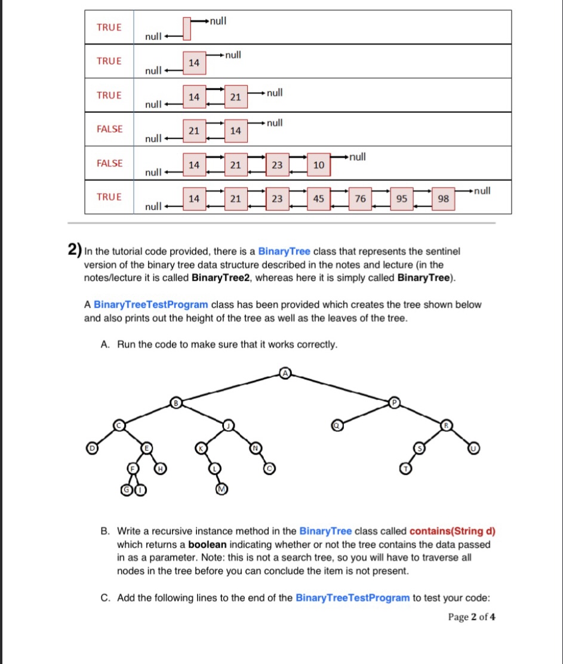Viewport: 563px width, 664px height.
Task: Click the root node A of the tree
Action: click(x=285, y=373)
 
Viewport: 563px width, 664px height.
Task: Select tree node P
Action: click(x=393, y=402)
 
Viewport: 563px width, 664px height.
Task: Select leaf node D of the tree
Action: click(x=93, y=447)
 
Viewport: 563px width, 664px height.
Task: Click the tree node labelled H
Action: click(x=160, y=469)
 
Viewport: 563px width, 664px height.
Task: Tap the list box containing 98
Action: click(x=443, y=199)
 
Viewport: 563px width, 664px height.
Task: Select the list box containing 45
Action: click(x=319, y=199)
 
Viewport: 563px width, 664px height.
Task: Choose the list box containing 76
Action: click(x=361, y=199)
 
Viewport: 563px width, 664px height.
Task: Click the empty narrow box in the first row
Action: click(x=187, y=28)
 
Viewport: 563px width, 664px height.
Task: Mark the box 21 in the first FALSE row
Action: click(x=193, y=131)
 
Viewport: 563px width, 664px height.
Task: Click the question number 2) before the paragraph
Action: click(x=75, y=251)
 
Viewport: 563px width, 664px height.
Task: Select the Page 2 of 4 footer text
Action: click(x=471, y=617)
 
